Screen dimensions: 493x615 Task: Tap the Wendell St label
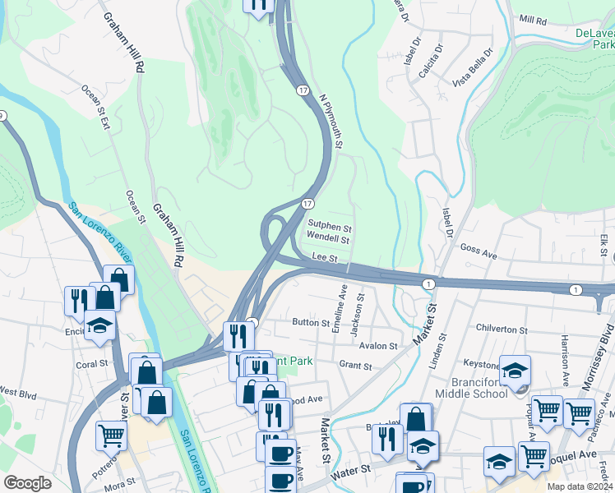pyautogui.click(x=328, y=240)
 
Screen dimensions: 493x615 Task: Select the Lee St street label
pyautogui.click(x=326, y=258)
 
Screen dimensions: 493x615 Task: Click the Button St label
pyautogui.click(x=311, y=323)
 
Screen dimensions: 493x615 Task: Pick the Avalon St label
pyautogui.click(x=378, y=346)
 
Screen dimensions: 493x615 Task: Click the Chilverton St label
pyautogui.click(x=504, y=327)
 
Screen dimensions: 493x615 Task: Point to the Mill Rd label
pyautogui.click(x=533, y=20)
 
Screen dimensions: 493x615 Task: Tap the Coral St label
pyautogui.click(x=91, y=363)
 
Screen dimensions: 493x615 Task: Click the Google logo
pyautogui.click(x=27, y=483)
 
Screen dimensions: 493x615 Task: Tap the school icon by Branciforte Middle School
pyautogui.click(x=515, y=371)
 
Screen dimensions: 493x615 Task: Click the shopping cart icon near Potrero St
pyautogui.click(x=111, y=434)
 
